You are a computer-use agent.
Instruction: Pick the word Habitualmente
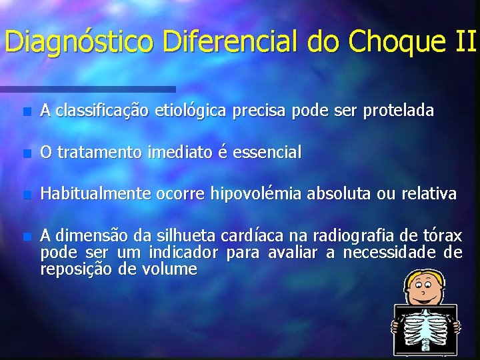[95, 194]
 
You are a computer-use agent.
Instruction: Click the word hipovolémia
[256, 194]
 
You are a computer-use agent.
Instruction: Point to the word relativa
[429, 194]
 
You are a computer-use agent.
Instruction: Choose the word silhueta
[187, 235]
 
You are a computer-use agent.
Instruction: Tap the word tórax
[444, 235]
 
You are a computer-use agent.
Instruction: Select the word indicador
[183, 253]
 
